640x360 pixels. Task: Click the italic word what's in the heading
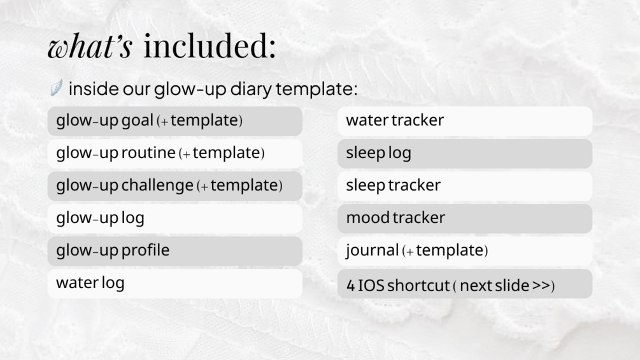point(90,46)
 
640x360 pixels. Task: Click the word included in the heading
point(210,45)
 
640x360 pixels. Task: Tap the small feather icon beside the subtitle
point(56,87)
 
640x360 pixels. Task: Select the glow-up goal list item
point(174,121)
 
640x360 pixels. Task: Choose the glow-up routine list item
point(174,154)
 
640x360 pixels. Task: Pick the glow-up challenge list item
point(174,186)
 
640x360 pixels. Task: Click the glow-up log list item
point(174,219)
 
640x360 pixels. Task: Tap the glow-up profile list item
point(174,251)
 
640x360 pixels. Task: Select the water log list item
point(174,284)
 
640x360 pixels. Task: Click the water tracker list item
point(465,121)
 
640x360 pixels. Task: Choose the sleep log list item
point(465,154)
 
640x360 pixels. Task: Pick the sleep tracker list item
point(465,186)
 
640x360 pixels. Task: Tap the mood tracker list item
point(465,219)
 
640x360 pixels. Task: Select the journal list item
point(465,251)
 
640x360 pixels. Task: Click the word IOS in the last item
point(371,285)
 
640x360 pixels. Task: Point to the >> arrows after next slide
point(541,285)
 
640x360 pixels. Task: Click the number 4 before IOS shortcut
point(351,285)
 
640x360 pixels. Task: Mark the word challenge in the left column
point(157,185)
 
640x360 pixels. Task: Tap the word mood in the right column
point(367,218)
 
